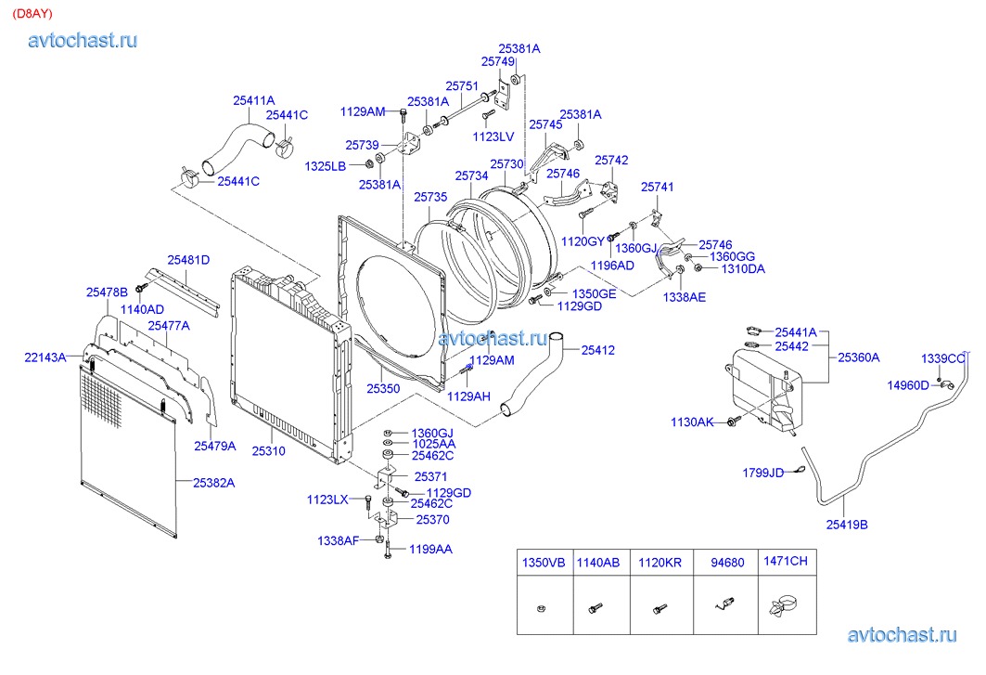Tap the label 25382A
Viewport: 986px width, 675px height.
point(213,483)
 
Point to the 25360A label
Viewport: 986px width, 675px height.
point(859,357)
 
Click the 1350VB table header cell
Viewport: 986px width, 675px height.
point(543,563)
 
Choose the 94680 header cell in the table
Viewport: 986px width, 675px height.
point(727,563)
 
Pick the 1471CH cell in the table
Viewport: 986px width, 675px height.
point(785,562)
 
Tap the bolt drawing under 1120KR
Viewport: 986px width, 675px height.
point(659,609)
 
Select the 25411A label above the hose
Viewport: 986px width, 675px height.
point(254,100)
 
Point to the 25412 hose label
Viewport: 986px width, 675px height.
point(598,350)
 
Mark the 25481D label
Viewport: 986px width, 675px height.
point(188,260)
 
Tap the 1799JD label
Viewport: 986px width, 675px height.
point(762,473)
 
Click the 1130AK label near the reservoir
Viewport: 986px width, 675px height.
point(693,422)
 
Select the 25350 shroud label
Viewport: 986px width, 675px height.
point(382,389)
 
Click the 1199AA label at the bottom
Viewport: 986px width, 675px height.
point(431,550)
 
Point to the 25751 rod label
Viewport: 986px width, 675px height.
point(461,84)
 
